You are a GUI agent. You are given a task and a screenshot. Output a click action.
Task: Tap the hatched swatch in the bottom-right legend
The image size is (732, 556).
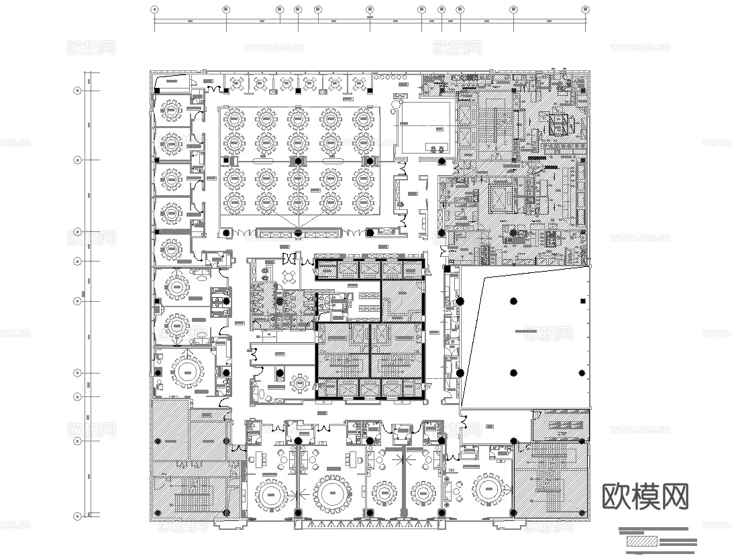tap(640, 541)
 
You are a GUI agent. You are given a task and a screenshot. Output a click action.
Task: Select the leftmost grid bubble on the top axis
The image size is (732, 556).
tap(155, 9)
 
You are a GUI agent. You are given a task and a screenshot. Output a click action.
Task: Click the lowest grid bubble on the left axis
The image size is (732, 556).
tap(77, 516)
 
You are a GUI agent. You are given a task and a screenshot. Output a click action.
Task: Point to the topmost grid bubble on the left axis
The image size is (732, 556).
tap(77, 89)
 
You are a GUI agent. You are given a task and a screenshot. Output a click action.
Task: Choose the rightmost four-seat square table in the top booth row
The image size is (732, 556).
tap(358, 83)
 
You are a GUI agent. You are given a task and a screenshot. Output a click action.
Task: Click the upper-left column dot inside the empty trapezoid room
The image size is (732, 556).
tap(513, 300)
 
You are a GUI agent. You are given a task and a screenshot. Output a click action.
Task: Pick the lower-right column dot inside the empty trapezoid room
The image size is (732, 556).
tap(581, 373)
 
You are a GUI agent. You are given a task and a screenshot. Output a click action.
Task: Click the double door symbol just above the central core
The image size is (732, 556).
tap(289, 258)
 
